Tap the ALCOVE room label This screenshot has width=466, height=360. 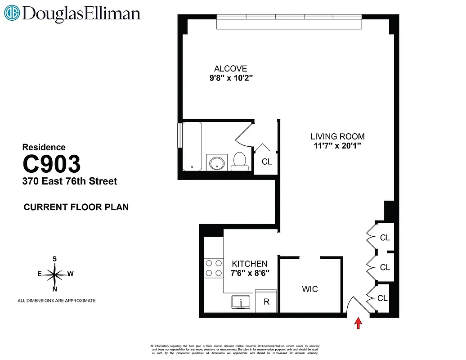pos(230,69)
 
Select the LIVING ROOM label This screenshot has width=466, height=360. pos(337,136)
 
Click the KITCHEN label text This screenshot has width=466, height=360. pos(250,264)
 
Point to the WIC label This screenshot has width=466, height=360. pos(309,289)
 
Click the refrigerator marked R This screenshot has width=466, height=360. pos(266,301)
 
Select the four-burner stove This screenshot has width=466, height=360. pos(214,268)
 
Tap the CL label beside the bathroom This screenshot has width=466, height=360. pos(267,162)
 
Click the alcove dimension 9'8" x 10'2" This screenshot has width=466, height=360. pos(230,78)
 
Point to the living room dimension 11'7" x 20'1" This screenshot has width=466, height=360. pos(337,145)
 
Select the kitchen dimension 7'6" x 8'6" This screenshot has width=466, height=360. pos(250,273)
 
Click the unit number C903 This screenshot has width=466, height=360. pos(52,164)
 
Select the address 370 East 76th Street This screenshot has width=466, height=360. pos(70,181)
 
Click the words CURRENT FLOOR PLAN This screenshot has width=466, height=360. pos(76,207)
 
